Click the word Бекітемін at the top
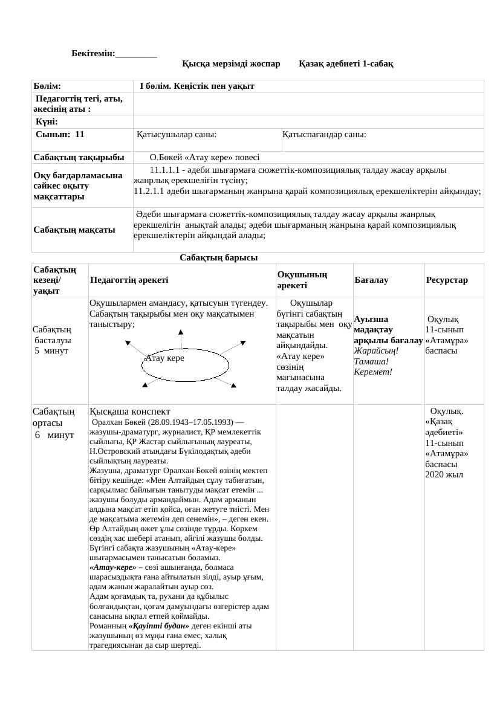[93, 54]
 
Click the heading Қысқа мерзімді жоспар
[231, 63]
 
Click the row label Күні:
[47, 122]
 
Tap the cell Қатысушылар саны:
[177, 135]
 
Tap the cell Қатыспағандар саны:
[324, 135]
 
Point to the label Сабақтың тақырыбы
[74, 157]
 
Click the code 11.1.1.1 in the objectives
[167, 170]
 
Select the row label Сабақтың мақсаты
[74, 230]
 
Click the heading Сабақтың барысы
[218, 258]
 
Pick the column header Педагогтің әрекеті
[129, 280]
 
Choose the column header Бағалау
[371, 280]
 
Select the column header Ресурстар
[447, 280]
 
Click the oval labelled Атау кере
[186, 366]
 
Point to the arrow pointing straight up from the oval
[180, 338]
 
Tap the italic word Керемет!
[373, 371]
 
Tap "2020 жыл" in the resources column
[444, 474]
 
